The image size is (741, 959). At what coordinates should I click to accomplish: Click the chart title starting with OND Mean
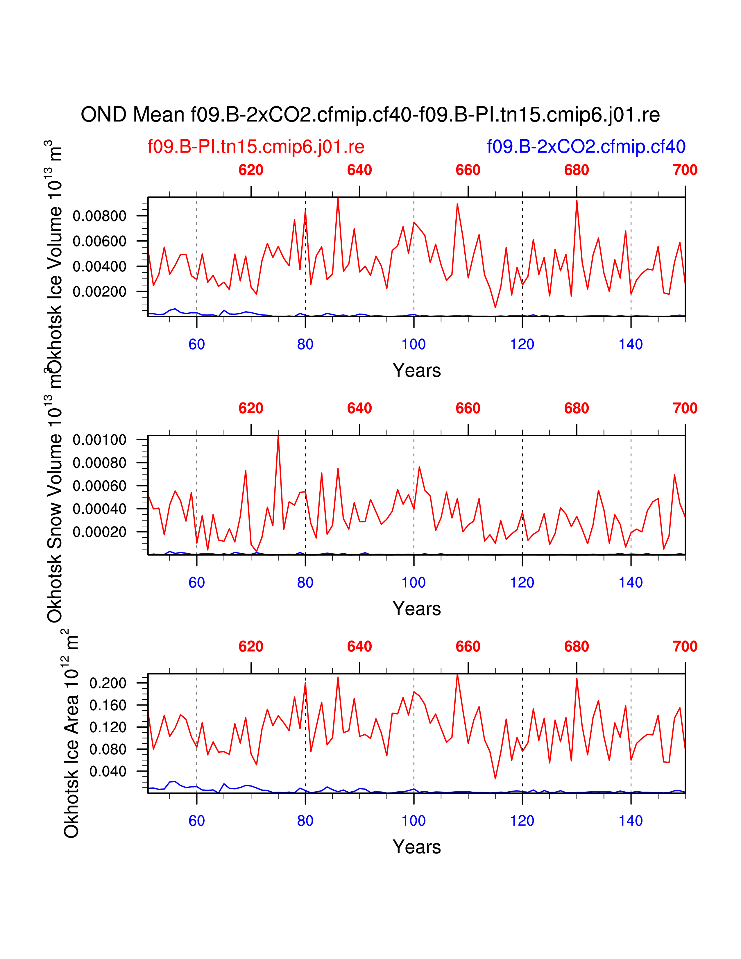370,115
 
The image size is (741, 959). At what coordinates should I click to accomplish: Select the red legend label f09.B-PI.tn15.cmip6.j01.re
256,147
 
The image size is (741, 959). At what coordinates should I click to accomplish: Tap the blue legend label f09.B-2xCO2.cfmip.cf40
586,147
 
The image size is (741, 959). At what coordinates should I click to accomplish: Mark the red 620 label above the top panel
251,170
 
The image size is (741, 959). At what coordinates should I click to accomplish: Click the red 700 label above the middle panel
685,408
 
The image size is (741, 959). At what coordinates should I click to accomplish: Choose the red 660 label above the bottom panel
468,647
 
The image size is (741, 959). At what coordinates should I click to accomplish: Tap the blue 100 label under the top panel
414,345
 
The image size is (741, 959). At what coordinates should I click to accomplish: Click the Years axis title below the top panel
417,371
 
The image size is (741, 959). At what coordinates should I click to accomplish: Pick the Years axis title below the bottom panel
417,847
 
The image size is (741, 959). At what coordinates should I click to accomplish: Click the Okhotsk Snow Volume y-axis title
55,509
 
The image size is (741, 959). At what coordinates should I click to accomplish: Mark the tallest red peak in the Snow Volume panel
278,437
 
